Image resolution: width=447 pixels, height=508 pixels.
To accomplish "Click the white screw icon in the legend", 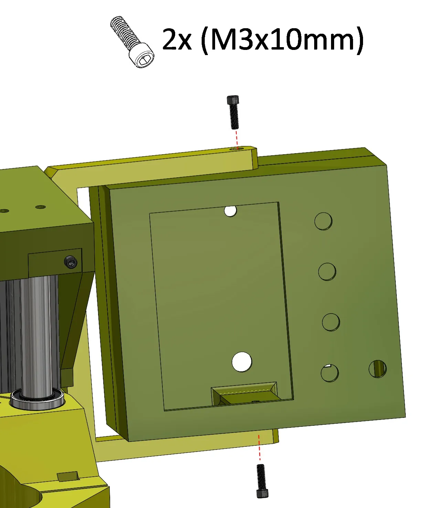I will tap(132, 42).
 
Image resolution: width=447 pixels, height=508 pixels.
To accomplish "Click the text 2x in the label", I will tap(176, 40).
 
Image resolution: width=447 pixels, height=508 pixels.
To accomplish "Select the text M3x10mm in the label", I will tap(282, 40).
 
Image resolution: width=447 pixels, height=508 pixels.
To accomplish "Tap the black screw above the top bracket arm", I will tap(234, 112).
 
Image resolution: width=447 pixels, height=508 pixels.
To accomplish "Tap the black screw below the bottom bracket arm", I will tap(262, 481).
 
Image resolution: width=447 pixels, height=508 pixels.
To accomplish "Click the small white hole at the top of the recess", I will tap(231, 211).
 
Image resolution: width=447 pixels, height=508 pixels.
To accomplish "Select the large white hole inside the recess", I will tap(242, 362).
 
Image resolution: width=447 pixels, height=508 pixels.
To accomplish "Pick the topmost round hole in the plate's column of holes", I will tap(323, 221).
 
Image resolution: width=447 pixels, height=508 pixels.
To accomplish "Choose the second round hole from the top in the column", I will tap(327, 272).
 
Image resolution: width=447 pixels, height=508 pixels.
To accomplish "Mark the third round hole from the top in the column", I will tap(331, 322).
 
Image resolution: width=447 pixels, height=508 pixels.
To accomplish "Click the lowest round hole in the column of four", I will tap(330, 373).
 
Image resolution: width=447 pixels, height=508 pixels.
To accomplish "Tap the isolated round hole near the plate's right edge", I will tap(377, 369).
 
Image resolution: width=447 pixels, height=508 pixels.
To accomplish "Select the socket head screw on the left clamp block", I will tap(71, 263).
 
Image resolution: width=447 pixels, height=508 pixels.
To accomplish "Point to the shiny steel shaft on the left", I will tap(36, 334).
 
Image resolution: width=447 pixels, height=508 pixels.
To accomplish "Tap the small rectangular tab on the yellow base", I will tap(68, 477).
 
